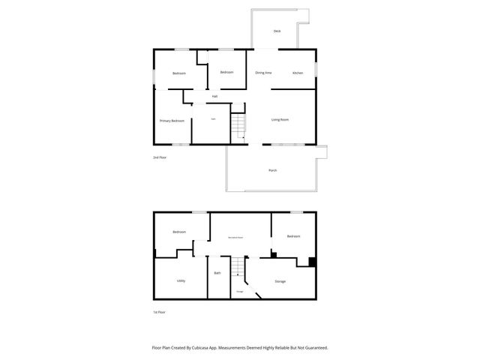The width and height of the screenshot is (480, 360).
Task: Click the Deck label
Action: (x=277, y=31)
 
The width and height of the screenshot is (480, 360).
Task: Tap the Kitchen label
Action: (x=298, y=73)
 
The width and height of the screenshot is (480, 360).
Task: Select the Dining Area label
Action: (x=263, y=73)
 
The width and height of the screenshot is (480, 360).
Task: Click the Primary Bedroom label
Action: (x=172, y=120)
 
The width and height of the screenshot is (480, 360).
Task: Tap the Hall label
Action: (x=214, y=96)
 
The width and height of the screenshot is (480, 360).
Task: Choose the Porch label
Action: (x=273, y=170)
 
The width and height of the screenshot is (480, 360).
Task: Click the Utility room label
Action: (x=181, y=280)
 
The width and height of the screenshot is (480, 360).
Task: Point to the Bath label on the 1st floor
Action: (x=217, y=273)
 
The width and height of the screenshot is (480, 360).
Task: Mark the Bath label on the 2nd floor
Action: (x=213, y=119)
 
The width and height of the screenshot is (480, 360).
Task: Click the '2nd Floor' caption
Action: (x=159, y=157)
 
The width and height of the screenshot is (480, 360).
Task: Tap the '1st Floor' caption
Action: (x=159, y=311)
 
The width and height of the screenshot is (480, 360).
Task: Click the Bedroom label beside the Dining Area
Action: (x=226, y=72)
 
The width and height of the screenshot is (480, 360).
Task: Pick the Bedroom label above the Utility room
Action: (x=179, y=232)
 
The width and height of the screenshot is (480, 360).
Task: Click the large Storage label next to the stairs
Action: (x=280, y=281)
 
